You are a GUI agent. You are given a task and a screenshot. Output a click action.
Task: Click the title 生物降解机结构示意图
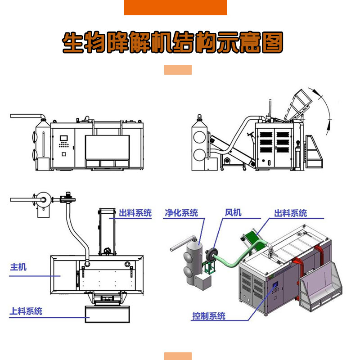(x=173, y=43)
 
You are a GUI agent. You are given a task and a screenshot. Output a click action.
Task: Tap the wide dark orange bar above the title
(x=175, y=8)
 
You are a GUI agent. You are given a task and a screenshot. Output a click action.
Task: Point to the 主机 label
(x=18, y=267)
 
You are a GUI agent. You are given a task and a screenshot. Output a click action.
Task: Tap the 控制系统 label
(x=209, y=316)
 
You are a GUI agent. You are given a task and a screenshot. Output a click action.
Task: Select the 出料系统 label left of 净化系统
(x=135, y=213)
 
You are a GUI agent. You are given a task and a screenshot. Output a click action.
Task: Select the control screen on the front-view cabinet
(x=63, y=138)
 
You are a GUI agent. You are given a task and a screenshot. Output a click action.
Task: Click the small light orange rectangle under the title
(x=178, y=70)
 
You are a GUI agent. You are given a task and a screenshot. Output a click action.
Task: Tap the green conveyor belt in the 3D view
(x=252, y=234)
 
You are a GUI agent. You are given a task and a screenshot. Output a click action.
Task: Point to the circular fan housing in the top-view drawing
(x=44, y=198)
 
